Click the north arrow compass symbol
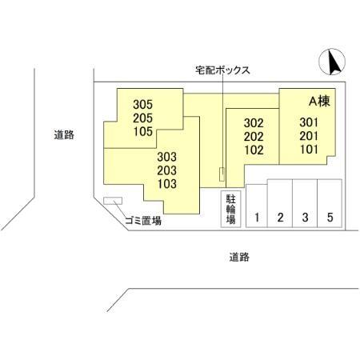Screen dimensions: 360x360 tap(332, 62)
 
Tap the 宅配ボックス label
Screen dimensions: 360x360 tap(222, 70)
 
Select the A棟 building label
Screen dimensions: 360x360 tap(319, 102)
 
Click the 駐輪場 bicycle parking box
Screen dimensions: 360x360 tap(231, 209)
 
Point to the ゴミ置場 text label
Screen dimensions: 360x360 tap(143, 221)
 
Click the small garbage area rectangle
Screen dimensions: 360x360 tap(113, 201)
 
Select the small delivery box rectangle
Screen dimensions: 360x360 tap(222, 174)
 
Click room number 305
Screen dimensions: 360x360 tap(143, 105)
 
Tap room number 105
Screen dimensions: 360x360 tap(143, 131)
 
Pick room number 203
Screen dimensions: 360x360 tap(167, 170)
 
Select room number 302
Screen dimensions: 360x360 tap(254, 123)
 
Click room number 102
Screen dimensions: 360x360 tap(254, 150)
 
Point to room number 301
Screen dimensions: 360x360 tap(309, 122)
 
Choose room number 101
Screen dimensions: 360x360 tap(309, 150)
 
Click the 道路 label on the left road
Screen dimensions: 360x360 tap(64, 134)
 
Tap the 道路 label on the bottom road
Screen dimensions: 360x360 tap(239, 257)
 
